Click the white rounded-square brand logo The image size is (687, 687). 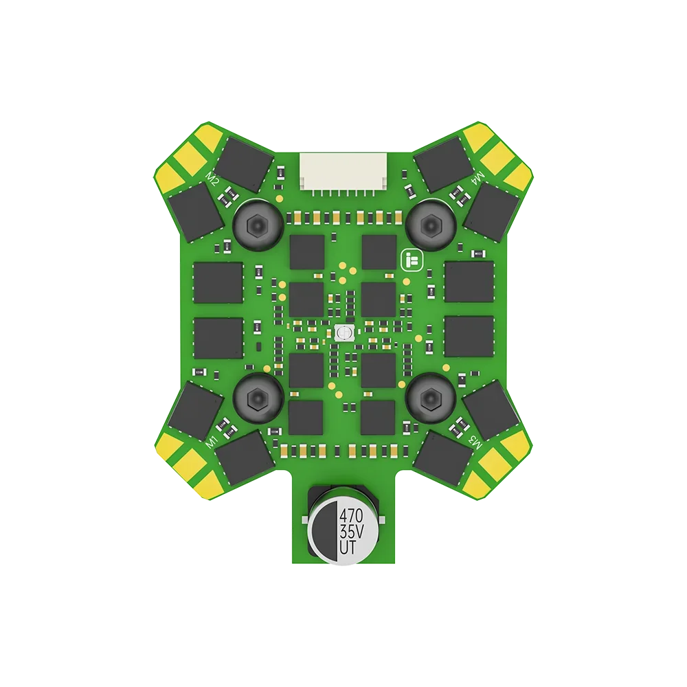(x=411, y=260)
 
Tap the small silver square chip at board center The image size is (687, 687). (x=343, y=333)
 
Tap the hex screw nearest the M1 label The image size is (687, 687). (x=256, y=396)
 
